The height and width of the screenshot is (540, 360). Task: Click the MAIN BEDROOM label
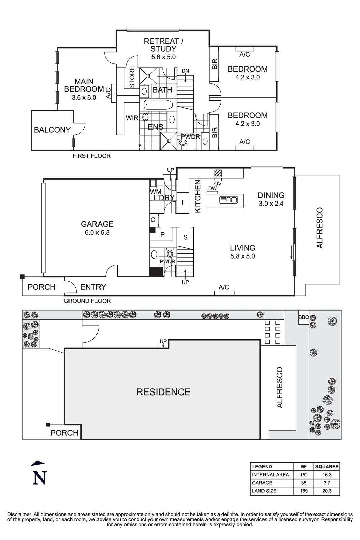(x=84, y=85)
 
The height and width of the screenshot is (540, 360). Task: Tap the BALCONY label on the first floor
(x=52, y=130)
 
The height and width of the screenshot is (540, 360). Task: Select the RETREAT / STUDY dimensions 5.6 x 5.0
(x=163, y=57)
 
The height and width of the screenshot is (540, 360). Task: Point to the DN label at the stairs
(x=185, y=71)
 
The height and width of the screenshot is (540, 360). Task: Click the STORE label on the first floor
(x=132, y=77)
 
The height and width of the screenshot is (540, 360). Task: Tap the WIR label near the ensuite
(x=132, y=118)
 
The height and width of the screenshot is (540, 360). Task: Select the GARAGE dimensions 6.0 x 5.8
(x=97, y=233)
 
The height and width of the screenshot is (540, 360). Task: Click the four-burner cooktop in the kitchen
(x=218, y=173)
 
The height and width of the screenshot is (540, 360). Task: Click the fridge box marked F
(x=183, y=202)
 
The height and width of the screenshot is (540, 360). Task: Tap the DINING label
(x=271, y=195)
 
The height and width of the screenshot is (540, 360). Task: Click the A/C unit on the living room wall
(x=224, y=293)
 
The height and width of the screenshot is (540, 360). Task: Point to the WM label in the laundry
(x=156, y=192)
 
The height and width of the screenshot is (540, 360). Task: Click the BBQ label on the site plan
(x=304, y=317)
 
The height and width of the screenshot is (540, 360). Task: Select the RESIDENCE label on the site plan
(x=163, y=392)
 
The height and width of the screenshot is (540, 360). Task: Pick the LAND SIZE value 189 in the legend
(x=304, y=491)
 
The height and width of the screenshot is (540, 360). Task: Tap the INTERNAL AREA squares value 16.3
(x=327, y=475)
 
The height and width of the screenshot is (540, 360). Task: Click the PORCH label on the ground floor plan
(x=41, y=287)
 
